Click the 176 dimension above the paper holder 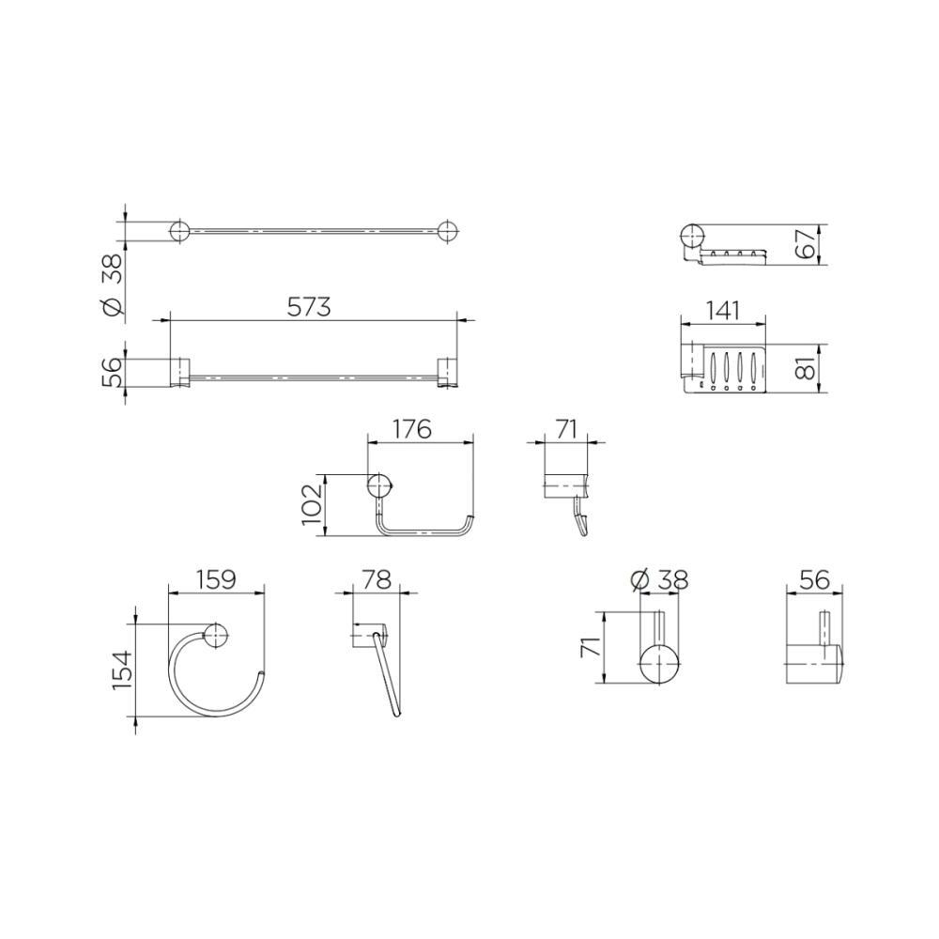411,429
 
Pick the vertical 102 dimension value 313,505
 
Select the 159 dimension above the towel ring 215,581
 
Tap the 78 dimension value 376,581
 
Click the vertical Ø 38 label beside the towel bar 111,285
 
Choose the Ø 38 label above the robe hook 661,581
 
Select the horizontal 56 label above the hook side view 814,581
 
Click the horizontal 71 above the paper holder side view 566,429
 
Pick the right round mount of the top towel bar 447,231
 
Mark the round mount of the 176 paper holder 378,486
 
